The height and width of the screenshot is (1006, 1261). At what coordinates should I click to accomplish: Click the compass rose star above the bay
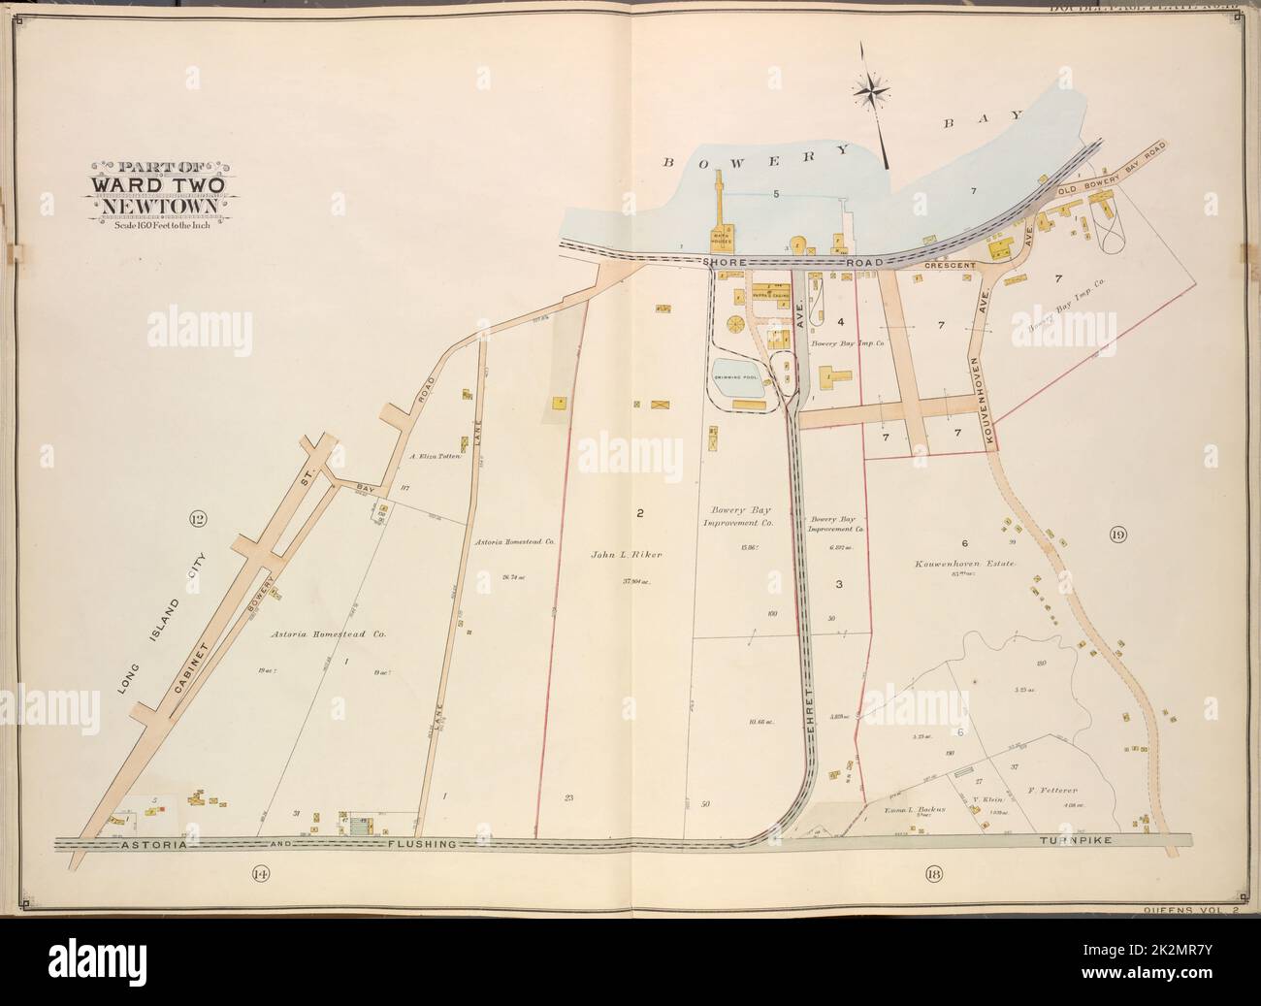point(872,91)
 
